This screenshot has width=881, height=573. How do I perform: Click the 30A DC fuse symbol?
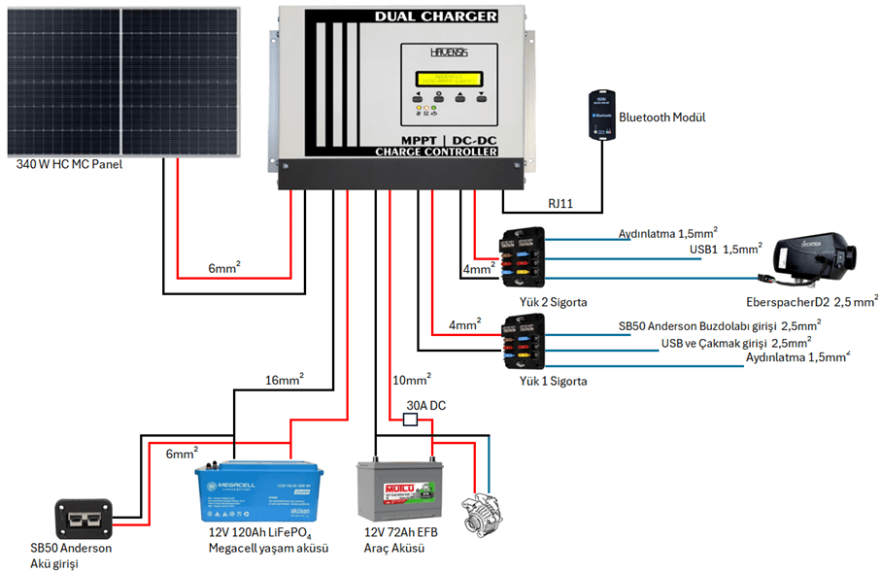pos(410,420)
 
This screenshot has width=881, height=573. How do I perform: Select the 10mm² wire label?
pos(411,379)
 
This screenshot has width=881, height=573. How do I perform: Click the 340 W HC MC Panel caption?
pos(70,165)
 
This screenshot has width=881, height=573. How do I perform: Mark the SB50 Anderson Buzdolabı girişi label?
pos(719,325)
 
